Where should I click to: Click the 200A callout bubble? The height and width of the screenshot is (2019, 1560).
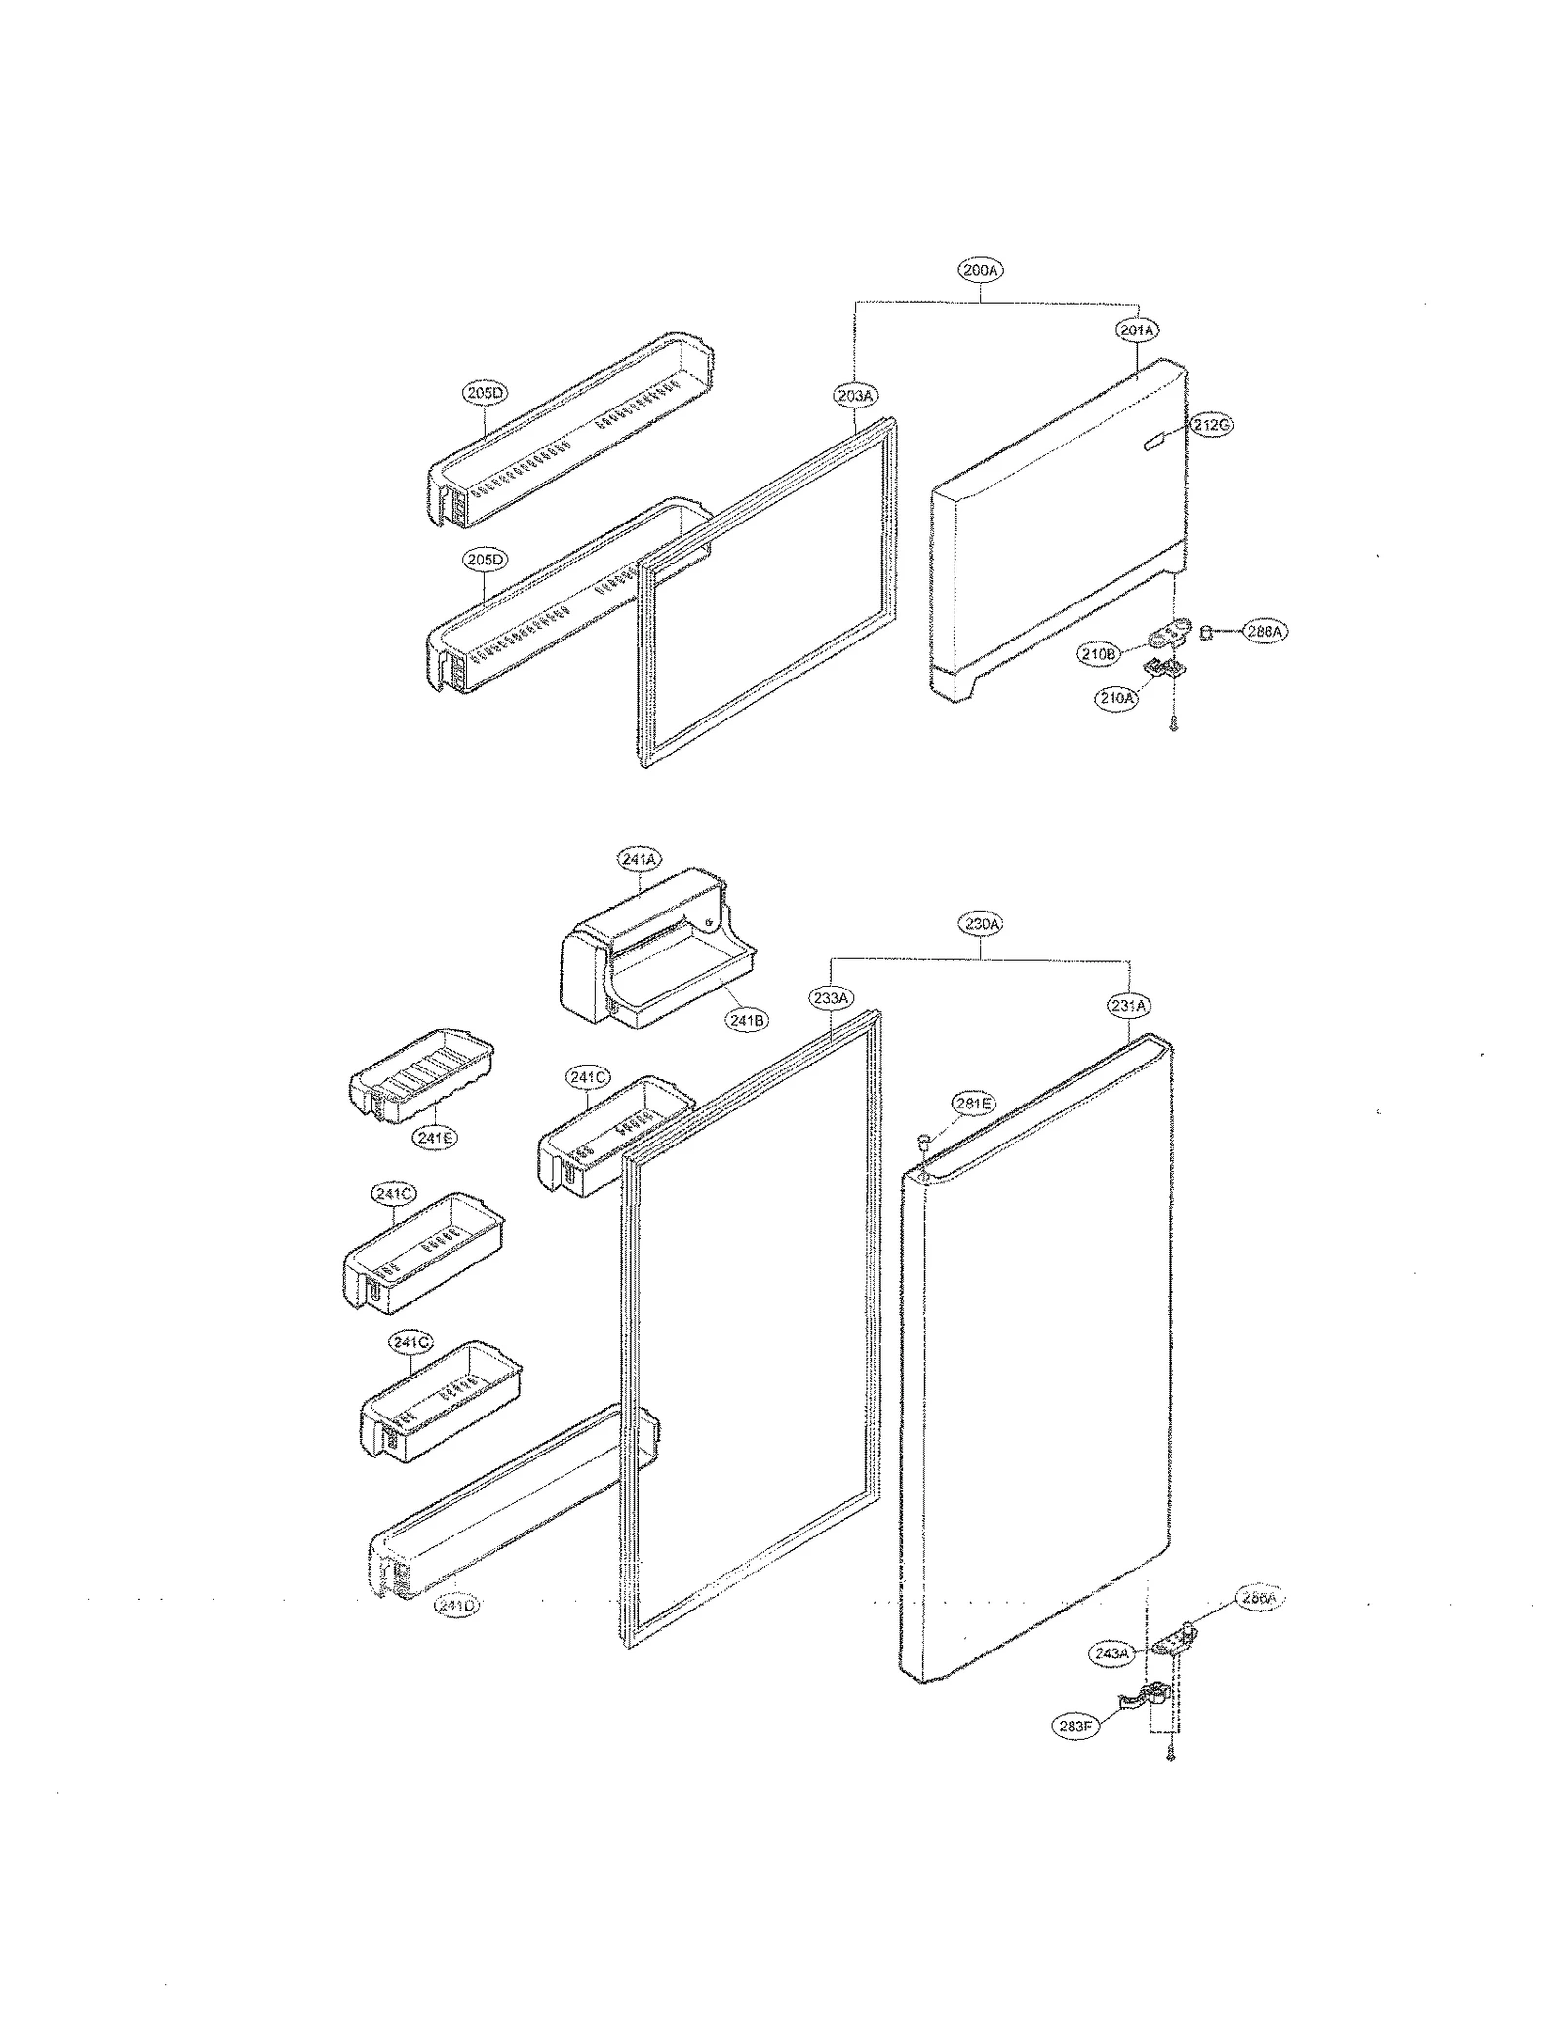[980, 270]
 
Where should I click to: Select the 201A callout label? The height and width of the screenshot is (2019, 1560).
[1137, 330]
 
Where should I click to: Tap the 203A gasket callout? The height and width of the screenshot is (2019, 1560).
[855, 395]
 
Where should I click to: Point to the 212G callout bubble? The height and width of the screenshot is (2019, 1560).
[1212, 425]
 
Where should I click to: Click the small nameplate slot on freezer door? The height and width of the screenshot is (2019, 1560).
[1152, 444]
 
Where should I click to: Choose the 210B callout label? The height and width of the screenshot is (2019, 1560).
[1098, 654]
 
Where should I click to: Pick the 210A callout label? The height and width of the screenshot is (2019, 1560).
[1116, 698]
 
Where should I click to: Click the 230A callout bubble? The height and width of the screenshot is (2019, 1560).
[980, 923]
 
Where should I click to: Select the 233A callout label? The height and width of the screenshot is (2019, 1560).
[830, 997]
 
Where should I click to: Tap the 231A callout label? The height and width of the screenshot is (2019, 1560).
[1129, 1004]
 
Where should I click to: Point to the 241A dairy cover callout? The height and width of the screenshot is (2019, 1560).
[639, 859]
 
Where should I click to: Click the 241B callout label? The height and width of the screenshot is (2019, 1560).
[747, 1020]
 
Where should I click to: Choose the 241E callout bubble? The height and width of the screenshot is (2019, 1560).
[434, 1137]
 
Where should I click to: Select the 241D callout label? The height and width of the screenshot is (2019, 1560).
[456, 1605]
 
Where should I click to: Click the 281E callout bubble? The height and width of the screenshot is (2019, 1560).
[973, 1104]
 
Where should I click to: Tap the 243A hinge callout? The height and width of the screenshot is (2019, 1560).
[1111, 1653]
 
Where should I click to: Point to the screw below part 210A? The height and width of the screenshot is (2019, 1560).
[1174, 724]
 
